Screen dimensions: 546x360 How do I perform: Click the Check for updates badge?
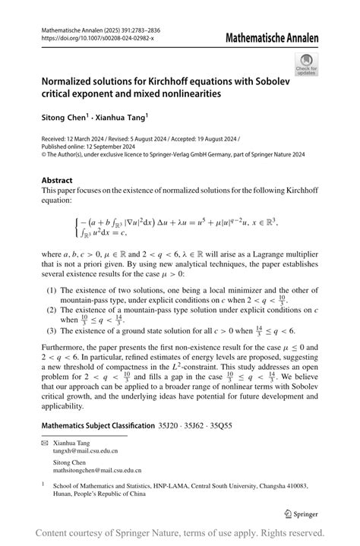(x=307, y=64)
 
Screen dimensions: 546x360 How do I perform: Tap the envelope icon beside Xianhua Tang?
(x=45, y=441)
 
